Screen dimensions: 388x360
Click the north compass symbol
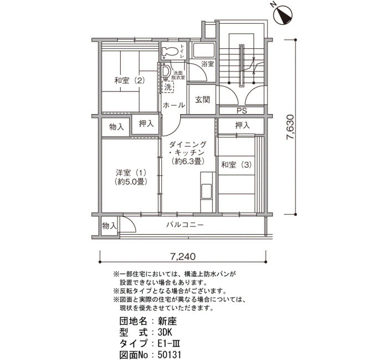point(284,15)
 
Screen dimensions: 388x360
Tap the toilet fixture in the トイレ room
point(170,52)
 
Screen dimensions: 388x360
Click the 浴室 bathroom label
point(207,64)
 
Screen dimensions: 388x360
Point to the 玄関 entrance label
point(203,100)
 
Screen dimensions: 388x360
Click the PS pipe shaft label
point(242,111)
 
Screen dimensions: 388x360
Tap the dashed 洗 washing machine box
point(168,87)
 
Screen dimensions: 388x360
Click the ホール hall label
point(174,105)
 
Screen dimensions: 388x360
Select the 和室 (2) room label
point(129,81)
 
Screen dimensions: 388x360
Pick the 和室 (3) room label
point(236,164)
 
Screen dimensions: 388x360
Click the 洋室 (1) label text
point(131,172)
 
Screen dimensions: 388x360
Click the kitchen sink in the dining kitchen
point(206,191)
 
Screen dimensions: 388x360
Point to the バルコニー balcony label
point(185,225)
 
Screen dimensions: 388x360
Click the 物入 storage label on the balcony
point(109,225)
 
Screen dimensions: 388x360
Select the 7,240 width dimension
point(182,256)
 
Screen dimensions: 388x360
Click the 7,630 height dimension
point(290,127)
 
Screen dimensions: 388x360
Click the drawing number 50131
point(169,355)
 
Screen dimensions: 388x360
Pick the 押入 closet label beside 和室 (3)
point(243,126)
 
